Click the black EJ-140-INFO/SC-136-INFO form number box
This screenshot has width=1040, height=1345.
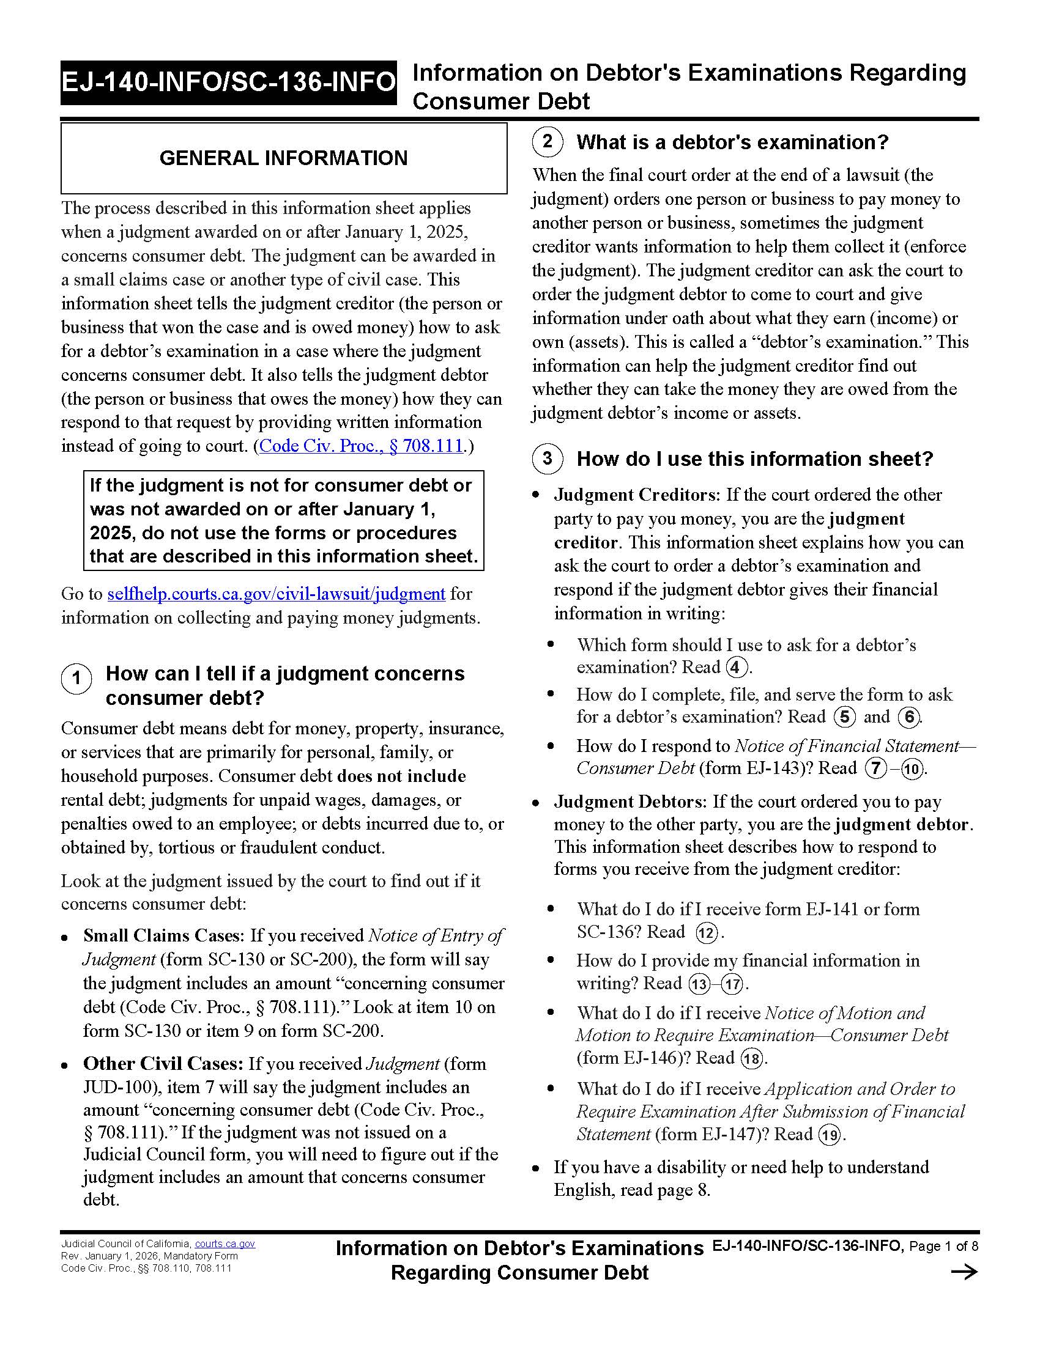pos(229,83)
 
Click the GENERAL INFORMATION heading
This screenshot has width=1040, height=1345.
pos(283,158)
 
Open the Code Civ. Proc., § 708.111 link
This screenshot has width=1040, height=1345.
pos(361,446)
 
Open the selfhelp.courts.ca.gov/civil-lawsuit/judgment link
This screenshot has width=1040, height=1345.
pos(276,594)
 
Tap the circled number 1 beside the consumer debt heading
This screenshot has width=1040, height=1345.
pos(76,679)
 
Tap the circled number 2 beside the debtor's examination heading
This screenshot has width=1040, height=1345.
pos(547,142)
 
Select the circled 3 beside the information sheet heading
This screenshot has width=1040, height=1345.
pos(547,459)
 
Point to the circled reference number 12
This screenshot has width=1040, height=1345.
pos(707,933)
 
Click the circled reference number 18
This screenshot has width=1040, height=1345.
pos(751,1059)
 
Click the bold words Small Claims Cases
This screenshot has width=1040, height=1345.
pos(162,935)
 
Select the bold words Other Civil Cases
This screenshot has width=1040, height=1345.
pos(163,1064)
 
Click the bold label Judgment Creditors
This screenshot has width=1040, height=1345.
pos(636,495)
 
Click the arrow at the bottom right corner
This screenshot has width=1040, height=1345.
pos(964,1272)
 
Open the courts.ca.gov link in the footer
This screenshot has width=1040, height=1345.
pos(225,1244)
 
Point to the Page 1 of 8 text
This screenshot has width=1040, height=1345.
pos(943,1247)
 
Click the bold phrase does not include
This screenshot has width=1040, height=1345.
pos(401,776)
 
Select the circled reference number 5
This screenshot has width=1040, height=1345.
pos(844,717)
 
